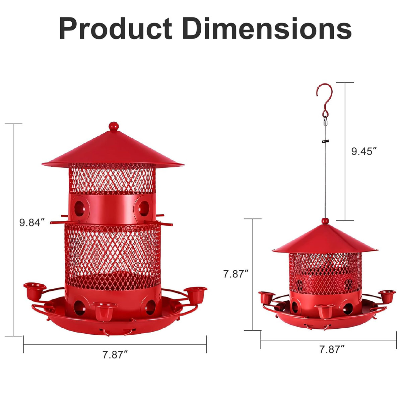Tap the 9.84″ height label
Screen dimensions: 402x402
[32, 222]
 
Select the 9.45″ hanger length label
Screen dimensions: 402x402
[362, 151]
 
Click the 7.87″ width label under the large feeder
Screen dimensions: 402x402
[115, 355]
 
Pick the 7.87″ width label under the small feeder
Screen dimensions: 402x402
[332, 350]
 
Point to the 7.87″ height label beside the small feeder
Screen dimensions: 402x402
[236, 274]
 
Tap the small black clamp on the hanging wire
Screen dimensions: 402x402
[324, 141]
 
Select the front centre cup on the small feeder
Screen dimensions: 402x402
[324, 310]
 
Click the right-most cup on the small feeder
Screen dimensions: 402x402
[387, 295]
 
